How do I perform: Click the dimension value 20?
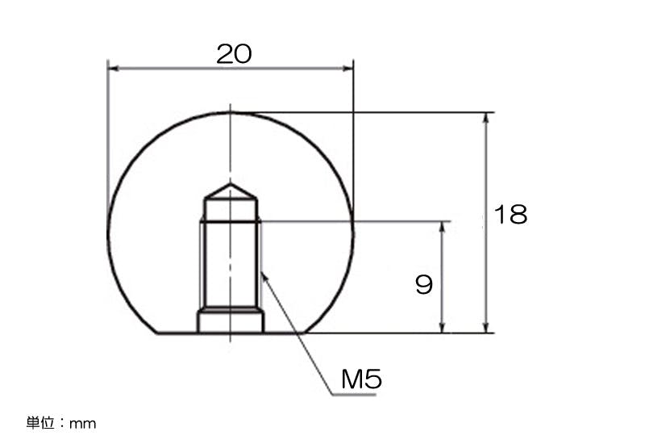[x=234, y=54]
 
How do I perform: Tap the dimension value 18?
[x=510, y=214]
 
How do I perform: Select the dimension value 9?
[x=424, y=285]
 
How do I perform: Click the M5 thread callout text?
[x=361, y=379]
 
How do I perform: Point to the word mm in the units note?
[x=83, y=424]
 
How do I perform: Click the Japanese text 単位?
[x=41, y=422]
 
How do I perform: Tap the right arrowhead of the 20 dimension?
[x=347, y=69]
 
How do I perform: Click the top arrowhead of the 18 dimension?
[x=486, y=118]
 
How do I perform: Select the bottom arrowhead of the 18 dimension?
[x=486, y=327]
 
